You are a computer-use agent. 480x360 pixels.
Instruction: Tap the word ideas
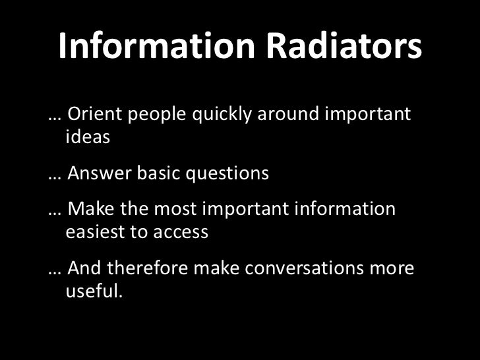pos(88,138)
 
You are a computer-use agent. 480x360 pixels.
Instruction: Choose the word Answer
pos(100,174)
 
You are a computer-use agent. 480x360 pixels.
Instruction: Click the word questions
pos(227,175)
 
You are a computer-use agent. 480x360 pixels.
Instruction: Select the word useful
pos(94,291)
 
